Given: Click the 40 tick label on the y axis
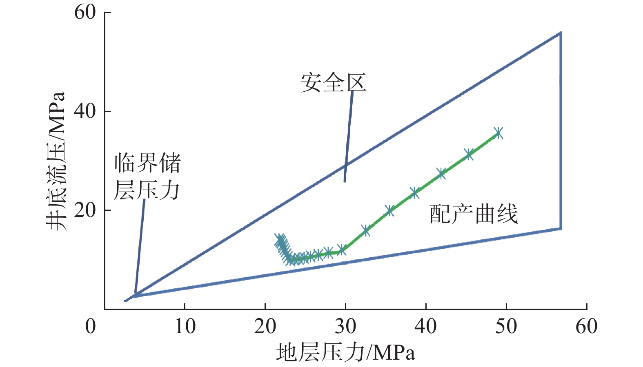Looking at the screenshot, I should [85, 111].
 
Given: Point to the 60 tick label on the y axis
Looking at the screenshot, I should [85, 12].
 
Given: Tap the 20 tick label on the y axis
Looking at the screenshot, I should [85, 210].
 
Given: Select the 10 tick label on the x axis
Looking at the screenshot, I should [185, 326].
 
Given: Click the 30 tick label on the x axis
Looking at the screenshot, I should [346, 326].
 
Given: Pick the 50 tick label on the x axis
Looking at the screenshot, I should [506, 326].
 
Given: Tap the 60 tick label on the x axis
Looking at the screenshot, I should [587, 326].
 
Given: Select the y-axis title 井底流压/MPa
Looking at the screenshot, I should [56, 161].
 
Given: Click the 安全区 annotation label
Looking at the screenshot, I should [333, 83].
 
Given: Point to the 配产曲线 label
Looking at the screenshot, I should [474, 214].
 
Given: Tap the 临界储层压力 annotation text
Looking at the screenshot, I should [147, 177].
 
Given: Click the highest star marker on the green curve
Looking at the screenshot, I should [498, 133].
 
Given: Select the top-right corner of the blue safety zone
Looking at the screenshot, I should [561, 33].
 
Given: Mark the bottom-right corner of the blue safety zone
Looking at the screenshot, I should [561, 228].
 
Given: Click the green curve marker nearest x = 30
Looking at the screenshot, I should [342, 250].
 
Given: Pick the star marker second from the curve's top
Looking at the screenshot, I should [469, 155].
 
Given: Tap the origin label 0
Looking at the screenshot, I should [91, 326].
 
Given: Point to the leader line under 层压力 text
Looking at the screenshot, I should [140, 245].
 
